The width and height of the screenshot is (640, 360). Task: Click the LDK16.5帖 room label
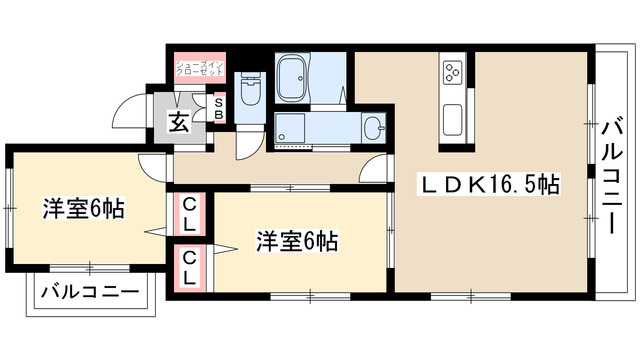(x=488, y=184)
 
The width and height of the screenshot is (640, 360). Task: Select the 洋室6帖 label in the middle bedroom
(x=296, y=241)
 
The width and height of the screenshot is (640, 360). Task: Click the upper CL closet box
(x=189, y=215)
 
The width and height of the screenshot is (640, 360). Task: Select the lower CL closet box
(x=189, y=268)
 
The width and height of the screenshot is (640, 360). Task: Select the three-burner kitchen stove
(x=451, y=72)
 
